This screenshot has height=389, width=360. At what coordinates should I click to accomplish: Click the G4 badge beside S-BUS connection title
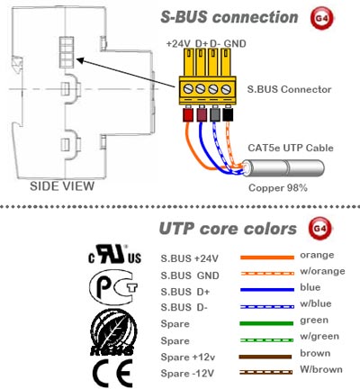pos(321,18)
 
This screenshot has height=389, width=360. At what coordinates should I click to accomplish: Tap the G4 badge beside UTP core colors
pos(320,229)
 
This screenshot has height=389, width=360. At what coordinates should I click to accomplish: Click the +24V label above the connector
pos(178,44)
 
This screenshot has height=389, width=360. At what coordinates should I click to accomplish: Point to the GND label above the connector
pos(235,44)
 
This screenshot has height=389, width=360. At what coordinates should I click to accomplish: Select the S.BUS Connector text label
pos(289,89)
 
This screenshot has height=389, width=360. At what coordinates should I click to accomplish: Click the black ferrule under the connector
pos(228,114)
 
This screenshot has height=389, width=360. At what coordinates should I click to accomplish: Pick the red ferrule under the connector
pos(188,115)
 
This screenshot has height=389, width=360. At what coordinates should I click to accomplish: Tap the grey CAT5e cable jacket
pos(283,167)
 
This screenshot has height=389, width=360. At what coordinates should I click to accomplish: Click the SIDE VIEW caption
pos(62,186)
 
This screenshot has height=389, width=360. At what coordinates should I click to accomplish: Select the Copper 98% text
pos(278,188)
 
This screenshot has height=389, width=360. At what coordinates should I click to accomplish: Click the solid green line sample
pos(266,323)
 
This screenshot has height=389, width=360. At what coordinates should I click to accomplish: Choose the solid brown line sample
pos(265,357)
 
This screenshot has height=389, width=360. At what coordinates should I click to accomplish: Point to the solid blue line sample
pos(267,290)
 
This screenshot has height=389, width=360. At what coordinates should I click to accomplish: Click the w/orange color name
pos(322,271)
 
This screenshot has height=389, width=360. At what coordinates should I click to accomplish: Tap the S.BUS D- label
pos(184,307)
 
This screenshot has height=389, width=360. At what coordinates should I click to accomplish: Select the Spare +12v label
pos(188,357)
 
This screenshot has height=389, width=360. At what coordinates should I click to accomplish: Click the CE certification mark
pos(112,374)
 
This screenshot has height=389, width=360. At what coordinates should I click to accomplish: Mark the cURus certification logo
pos(115,254)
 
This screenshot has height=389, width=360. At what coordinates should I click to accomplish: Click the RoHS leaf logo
pos(112,332)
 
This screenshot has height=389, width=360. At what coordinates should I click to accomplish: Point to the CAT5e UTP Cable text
pos(291,148)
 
